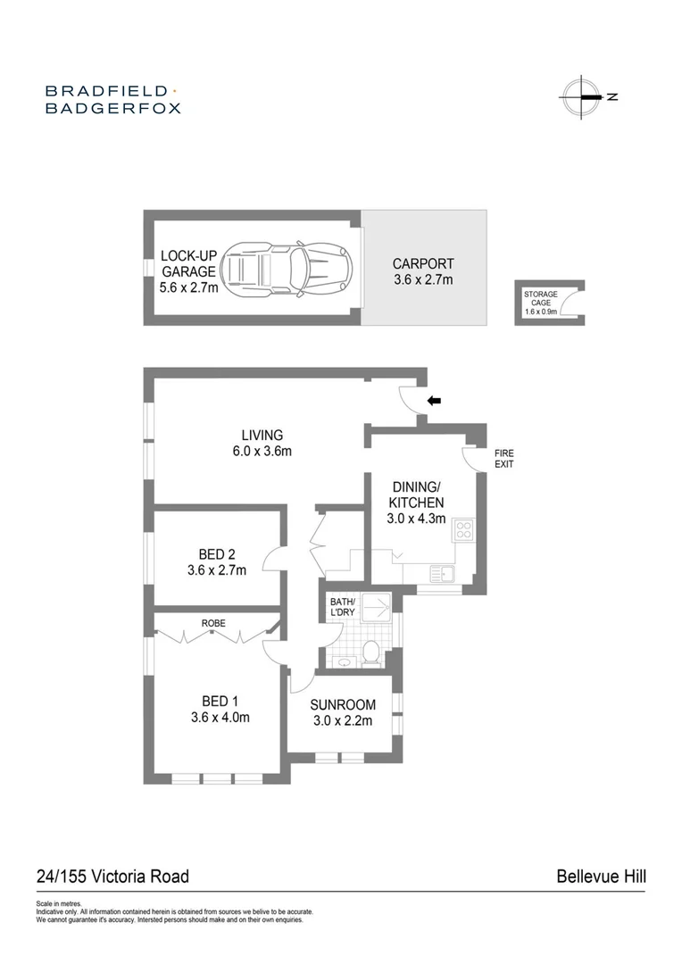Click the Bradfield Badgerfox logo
[x=112, y=99]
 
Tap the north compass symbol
[x=581, y=96]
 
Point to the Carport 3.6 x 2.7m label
[x=423, y=271]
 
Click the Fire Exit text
[x=504, y=459]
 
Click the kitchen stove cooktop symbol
[x=464, y=530]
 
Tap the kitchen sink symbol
[x=442, y=571]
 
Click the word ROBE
[x=212, y=622]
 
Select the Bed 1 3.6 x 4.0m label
[x=219, y=708]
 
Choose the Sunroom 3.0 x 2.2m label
[x=342, y=712]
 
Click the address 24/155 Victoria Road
[x=112, y=877]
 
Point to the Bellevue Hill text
[x=601, y=877]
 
